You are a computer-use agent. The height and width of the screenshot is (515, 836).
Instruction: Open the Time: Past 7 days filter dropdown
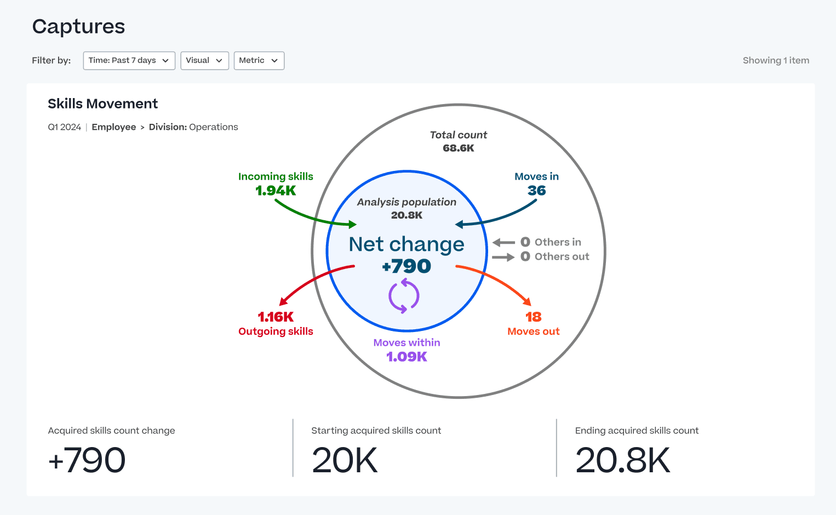point(129,61)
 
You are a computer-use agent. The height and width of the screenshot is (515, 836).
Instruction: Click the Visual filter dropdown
point(204,61)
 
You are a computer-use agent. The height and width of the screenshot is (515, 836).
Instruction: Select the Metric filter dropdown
point(259,61)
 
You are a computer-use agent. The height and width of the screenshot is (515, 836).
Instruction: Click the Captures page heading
point(79,26)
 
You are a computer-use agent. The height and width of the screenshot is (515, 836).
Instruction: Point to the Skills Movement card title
point(103,104)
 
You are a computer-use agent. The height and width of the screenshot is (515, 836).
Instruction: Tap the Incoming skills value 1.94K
point(276,191)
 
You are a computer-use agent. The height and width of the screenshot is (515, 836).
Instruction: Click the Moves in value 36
point(536,191)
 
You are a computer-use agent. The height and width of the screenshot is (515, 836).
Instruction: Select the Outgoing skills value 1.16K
point(276,317)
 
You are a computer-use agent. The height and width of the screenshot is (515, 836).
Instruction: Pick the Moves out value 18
point(533,317)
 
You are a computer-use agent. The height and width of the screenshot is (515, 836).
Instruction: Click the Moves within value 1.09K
point(406,357)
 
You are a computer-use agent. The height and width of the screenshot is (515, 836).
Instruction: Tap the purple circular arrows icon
point(404,296)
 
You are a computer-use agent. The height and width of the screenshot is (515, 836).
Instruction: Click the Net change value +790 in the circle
point(406,266)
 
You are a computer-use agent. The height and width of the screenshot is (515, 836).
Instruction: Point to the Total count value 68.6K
point(459,148)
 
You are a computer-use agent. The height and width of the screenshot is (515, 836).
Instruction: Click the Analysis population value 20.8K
point(406,215)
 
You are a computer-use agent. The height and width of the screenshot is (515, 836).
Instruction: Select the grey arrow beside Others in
point(503,242)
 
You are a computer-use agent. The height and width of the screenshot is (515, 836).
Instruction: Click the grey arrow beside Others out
point(503,257)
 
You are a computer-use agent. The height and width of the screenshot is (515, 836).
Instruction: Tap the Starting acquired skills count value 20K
point(345,460)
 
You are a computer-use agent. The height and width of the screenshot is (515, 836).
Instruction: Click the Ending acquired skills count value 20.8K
point(622,460)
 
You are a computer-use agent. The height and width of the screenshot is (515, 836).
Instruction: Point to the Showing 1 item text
point(776,61)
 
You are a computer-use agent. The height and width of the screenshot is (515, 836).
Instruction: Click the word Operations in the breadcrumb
point(213,127)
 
